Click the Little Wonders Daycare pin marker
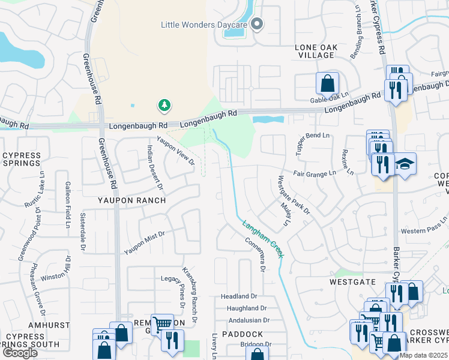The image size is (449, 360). click(x=257, y=25)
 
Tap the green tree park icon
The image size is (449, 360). click(x=164, y=106)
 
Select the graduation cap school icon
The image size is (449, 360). click(x=405, y=164)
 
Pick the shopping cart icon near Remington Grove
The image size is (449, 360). click(x=162, y=325)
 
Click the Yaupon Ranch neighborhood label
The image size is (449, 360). click(x=132, y=200)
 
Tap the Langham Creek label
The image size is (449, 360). click(x=263, y=240)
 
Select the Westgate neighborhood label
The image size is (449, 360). click(x=352, y=281)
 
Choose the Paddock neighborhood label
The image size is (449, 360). click(x=242, y=334)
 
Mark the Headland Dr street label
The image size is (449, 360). click(x=238, y=296)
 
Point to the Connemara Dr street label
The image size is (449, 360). click(x=255, y=253)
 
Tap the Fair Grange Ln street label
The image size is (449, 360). click(x=315, y=174)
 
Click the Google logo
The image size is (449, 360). click(x=20, y=353)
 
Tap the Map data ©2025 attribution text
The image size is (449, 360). click(x=424, y=355)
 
